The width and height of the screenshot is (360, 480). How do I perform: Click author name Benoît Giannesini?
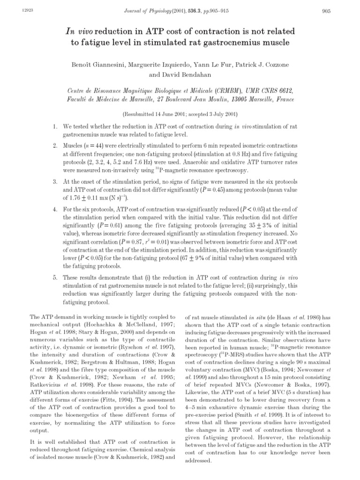click(x=95, y=64)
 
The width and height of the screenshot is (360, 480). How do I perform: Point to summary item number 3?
click(x=54, y=181)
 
